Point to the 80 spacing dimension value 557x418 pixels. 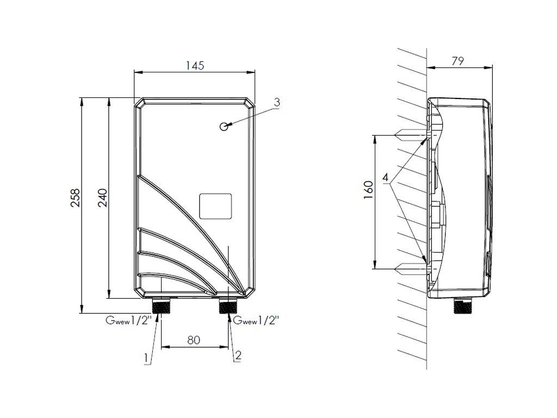tap(194, 340)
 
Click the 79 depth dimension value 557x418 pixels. tap(457, 62)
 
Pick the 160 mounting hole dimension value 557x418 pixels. tap(368, 191)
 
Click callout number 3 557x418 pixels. tap(277, 102)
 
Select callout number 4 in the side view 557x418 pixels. tap(385, 178)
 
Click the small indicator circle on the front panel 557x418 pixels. tap(224, 127)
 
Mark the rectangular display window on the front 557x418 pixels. tap(216, 206)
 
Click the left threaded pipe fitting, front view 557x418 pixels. tap(162, 305)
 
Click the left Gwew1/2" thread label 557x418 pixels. tap(127, 321)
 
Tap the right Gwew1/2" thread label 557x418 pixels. tap(256, 321)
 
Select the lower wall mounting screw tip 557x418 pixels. tap(400, 268)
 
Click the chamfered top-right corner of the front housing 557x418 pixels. tap(250, 103)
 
